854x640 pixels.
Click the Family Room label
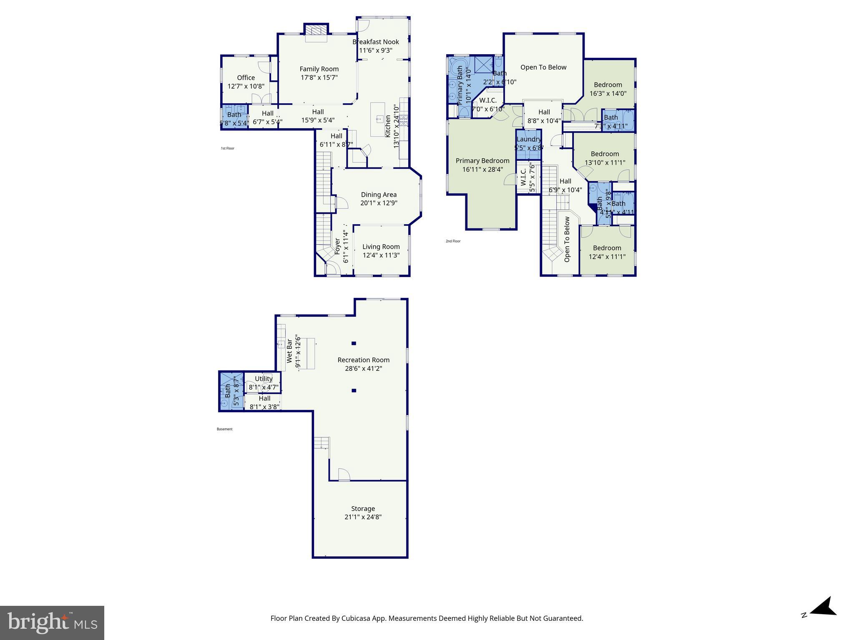319,69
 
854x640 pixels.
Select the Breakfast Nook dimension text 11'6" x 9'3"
376,50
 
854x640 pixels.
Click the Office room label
246,77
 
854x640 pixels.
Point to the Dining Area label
379,195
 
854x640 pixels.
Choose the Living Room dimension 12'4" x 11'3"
381,255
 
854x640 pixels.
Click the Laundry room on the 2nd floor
529,143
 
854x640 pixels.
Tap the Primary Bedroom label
482,161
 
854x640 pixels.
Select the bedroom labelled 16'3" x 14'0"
608,89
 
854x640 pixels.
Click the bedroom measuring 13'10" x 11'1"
605,158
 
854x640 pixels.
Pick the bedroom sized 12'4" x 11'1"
607,252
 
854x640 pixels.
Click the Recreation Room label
364,360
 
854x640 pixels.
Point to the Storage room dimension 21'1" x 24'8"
363,517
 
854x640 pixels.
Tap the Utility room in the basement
264,382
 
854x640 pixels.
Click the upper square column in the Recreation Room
354,343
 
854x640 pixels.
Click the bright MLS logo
52,623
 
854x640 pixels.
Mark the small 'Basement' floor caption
224,429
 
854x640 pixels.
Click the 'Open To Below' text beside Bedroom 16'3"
543,67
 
